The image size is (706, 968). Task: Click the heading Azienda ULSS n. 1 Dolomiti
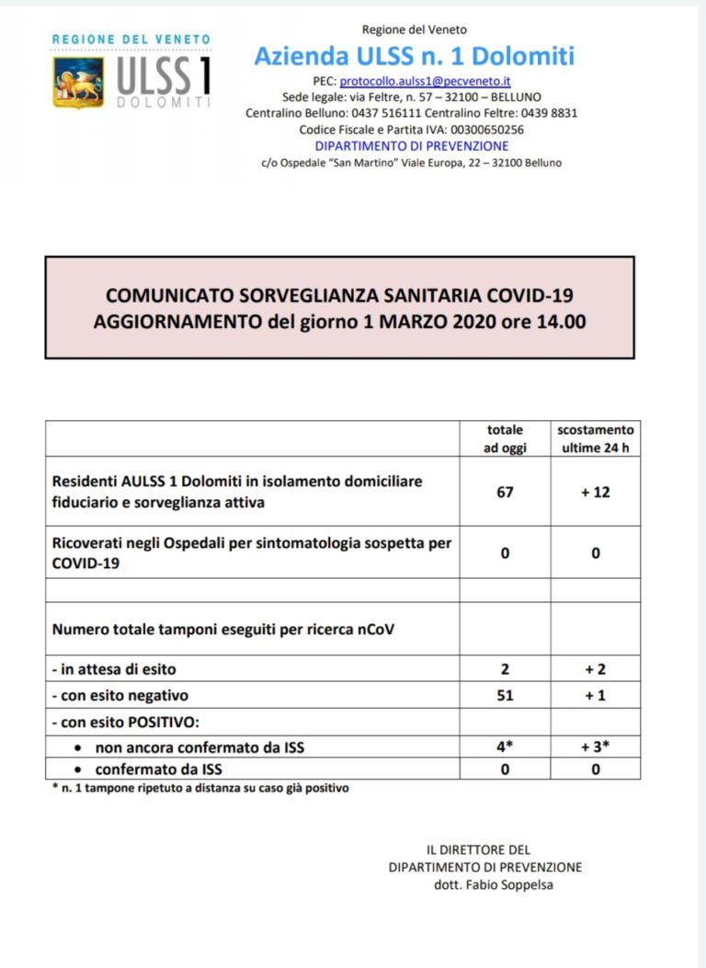pyautogui.click(x=414, y=56)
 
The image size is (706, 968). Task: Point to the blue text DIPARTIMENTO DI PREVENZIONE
pyautogui.click(x=412, y=146)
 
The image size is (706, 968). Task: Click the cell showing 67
pyautogui.click(x=505, y=492)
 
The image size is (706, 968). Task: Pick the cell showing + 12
pyautogui.click(x=596, y=492)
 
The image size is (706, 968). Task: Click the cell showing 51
pyautogui.click(x=505, y=695)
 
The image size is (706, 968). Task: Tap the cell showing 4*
pyautogui.click(x=505, y=747)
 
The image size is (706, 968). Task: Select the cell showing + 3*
pyautogui.click(x=596, y=747)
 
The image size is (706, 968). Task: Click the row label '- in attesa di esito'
pyautogui.click(x=113, y=669)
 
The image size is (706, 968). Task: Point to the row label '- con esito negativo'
pyautogui.click(x=120, y=695)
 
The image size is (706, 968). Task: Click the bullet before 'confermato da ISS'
pyautogui.click(x=79, y=769)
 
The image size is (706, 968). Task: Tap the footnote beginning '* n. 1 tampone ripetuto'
pyautogui.click(x=200, y=788)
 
